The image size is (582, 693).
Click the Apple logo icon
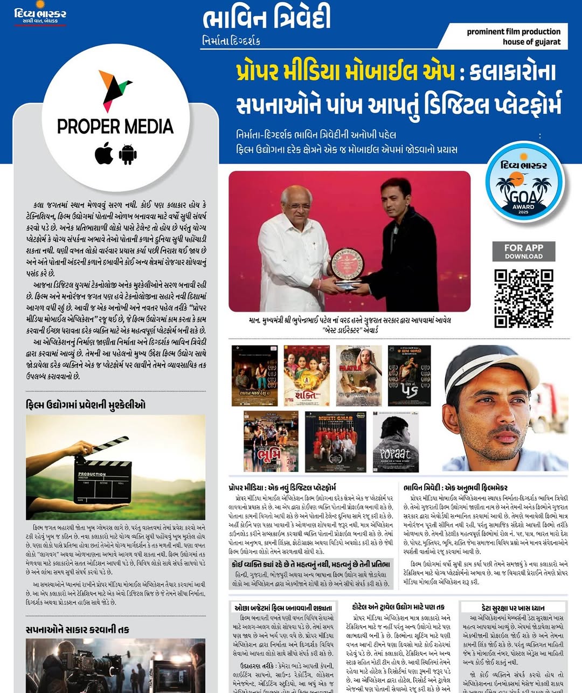(x=104, y=154)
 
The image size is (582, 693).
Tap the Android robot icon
(x=128, y=154)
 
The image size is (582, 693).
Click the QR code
(x=523, y=299)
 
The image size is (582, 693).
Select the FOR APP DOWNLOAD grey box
(x=523, y=251)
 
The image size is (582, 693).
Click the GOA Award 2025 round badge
(x=524, y=182)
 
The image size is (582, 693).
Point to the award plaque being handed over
(x=347, y=264)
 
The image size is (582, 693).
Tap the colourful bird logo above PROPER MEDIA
(x=115, y=89)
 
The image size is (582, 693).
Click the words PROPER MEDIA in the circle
(x=115, y=127)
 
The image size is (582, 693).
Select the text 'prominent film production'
(x=514, y=32)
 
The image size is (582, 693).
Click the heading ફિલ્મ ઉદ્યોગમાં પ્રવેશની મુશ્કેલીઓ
(x=86, y=405)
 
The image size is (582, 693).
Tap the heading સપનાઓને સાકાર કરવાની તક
(x=78, y=629)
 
